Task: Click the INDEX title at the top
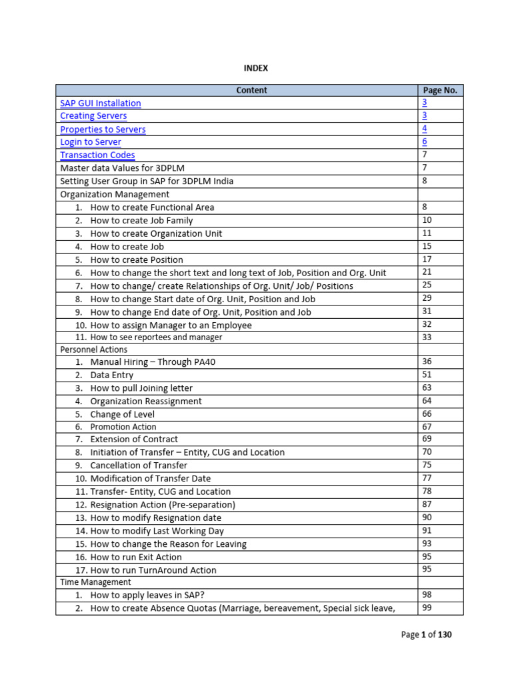pyautogui.click(x=255, y=68)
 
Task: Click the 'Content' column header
pyautogui.click(x=251, y=90)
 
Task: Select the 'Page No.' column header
pyautogui.click(x=440, y=90)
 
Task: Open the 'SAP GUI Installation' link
pyautogui.click(x=101, y=103)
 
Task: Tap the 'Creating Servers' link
pyautogui.click(x=93, y=116)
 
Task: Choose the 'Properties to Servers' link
pyautogui.click(x=103, y=129)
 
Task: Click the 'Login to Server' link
pyautogui.click(x=91, y=142)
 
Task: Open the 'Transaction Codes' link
pyautogui.click(x=97, y=155)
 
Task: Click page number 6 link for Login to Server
pyautogui.click(x=425, y=142)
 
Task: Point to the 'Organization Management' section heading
pyautogui.click(x=115, y=195)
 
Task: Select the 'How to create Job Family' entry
pyautogui.click(x=141, y=221)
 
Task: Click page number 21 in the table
pyautogui.click(x=427, y=272)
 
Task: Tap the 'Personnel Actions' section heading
pyautogui.click(x=94, y=350)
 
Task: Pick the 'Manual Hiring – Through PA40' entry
pyautogui.click(x=153, y=362)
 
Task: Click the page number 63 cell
pyautogui.click(x=427, y=388)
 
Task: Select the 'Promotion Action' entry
pyautogui.click(x=123, y=427)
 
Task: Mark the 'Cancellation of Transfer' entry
pyautogui.click(x=139, y=466)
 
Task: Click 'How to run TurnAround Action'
pyautogui.click(x=153, y=570)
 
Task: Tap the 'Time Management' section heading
pyautogui.click(x=95, y=582)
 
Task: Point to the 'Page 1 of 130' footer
pyautogui.click(x=426, y=635)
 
